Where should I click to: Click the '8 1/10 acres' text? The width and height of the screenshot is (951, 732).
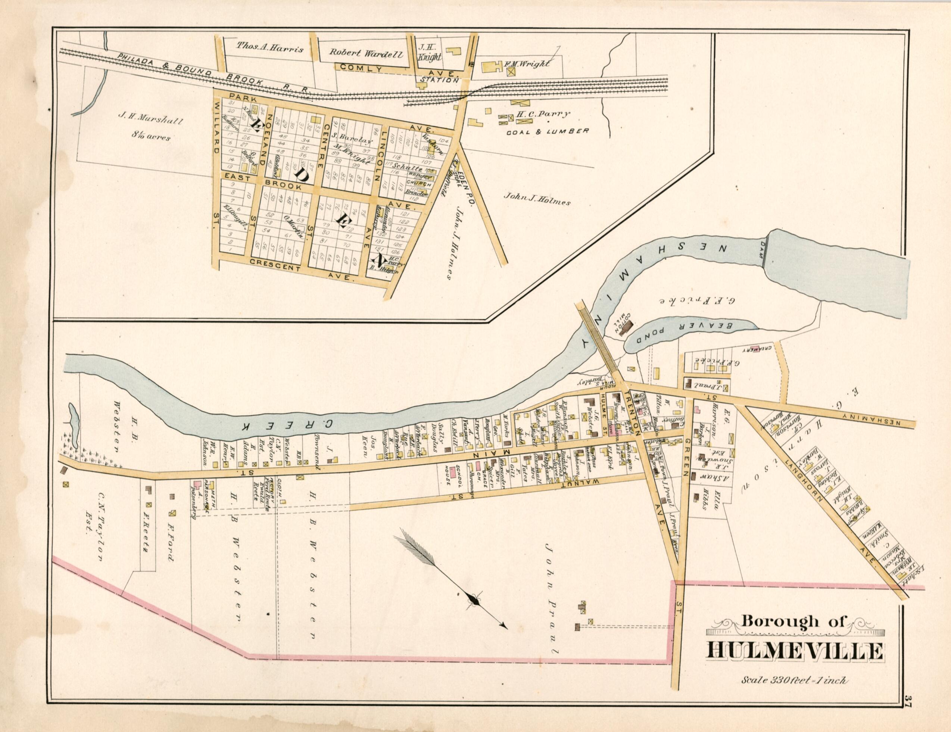[x=152, y=137]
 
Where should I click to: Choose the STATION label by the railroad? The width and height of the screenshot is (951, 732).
[x=439, y=80]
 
